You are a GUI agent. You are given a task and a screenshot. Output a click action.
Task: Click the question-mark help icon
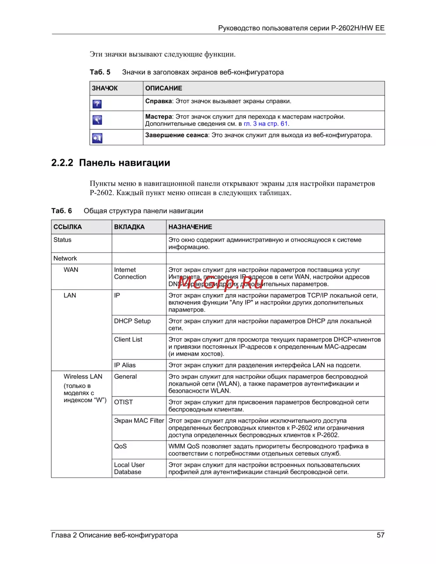(x=97, y=104)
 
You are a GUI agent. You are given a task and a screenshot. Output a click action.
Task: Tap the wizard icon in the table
(x=97, y=120)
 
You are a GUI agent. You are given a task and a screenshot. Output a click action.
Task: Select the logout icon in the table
(x=97, y=138)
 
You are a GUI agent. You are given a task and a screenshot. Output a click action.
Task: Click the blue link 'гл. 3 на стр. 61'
(x=266, y=124)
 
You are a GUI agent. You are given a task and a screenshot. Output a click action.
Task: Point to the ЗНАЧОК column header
(x=105, y=88)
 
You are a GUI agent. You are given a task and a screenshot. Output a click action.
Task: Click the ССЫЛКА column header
(x=68, y=227)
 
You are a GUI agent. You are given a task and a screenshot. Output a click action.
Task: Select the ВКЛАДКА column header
(x=129, y=227)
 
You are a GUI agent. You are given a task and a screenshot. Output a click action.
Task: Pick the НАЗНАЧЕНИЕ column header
(x=190, y=227)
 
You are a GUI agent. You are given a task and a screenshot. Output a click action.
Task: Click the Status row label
(x=62, y=240)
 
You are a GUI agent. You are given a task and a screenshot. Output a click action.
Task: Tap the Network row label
(x=65, y=258)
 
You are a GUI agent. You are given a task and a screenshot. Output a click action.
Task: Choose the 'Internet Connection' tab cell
(x=130, y=273)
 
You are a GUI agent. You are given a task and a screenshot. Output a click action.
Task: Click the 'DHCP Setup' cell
(x=132, y=321)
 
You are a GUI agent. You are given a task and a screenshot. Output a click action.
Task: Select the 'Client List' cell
(x=128, y=340)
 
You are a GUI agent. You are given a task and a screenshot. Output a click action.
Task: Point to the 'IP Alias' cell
(x=125, y=365)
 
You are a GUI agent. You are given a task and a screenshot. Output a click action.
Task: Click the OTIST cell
(x=123, y=402)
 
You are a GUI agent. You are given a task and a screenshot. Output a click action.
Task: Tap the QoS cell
(x=120, y=446)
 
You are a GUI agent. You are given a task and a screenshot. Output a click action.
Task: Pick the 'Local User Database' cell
(x=129, y=469)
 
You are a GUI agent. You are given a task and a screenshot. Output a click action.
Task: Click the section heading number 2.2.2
(x=62, y=163)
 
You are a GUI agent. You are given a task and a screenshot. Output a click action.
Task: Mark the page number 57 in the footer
(x=380, y=535)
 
